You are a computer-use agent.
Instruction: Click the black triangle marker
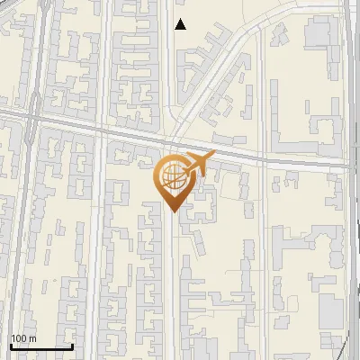coord(181,24)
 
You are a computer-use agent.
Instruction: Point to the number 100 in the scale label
coord(19,338)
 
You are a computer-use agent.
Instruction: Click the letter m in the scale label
coord(32,338)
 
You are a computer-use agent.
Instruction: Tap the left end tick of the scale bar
coord(11,346)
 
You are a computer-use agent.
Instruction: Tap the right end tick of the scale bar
coord(72,346)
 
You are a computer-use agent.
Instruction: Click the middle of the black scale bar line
coord(41,346)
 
